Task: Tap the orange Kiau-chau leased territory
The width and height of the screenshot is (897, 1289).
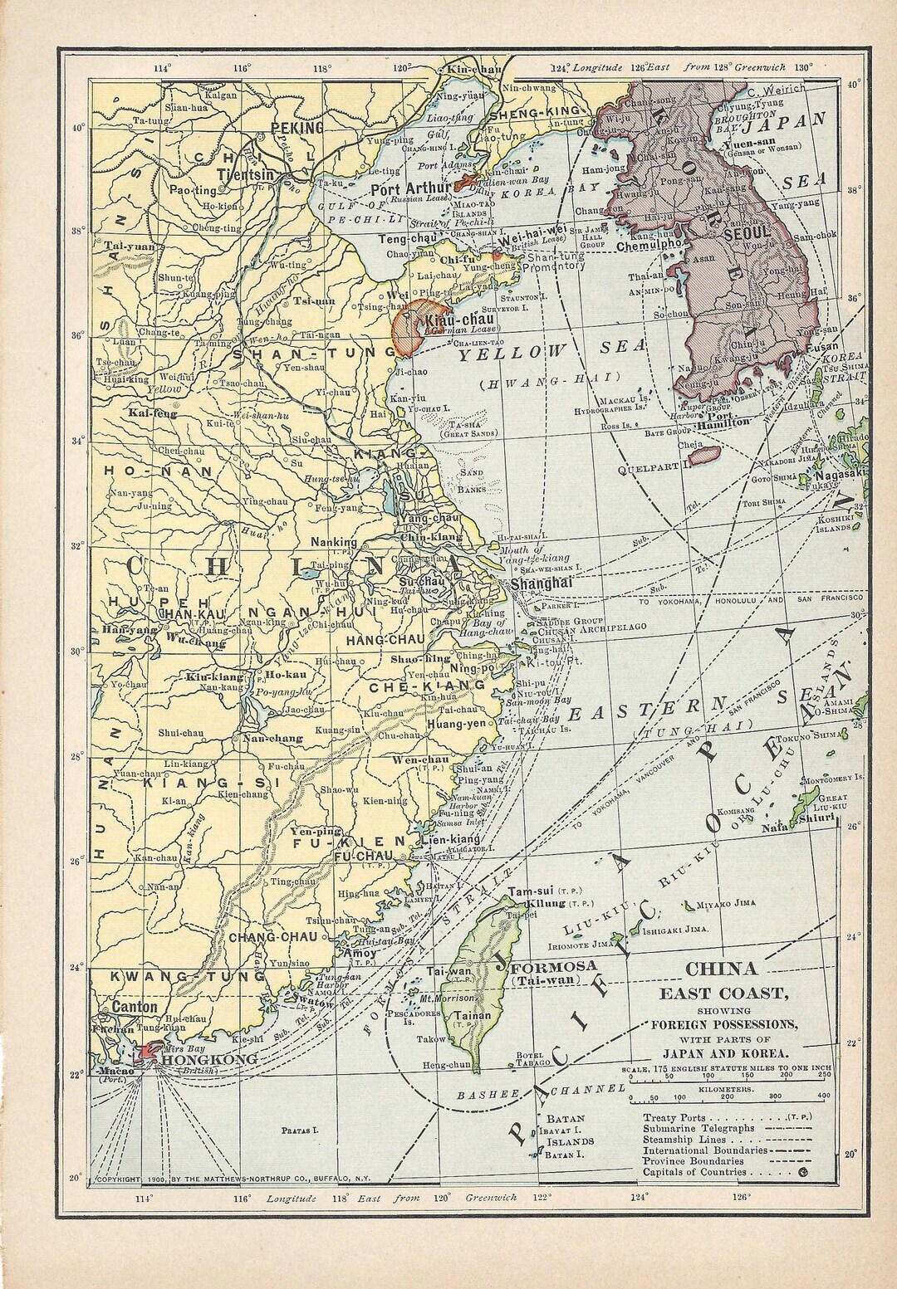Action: [x=408, y=331]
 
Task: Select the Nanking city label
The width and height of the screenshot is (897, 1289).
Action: [x=333, y=543]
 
